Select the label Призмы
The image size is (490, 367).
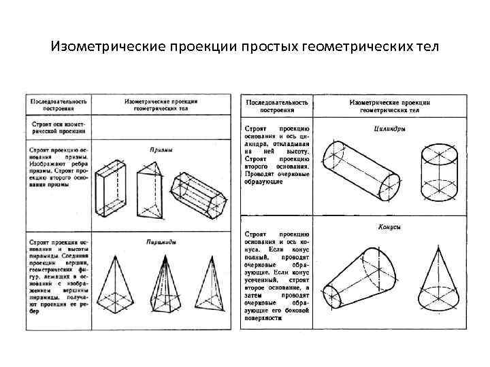[x=161, y=150]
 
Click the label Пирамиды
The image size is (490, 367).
[x=161, y=241]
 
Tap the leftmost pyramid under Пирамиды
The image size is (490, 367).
[x=114, y=286]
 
